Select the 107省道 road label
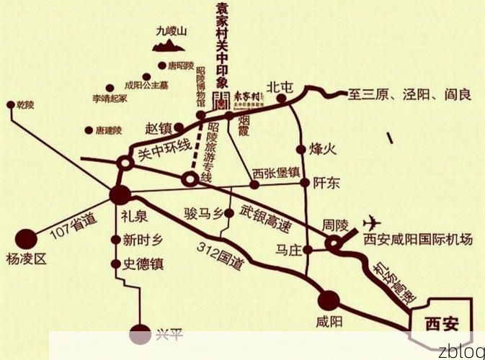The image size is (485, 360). tap(73, 227)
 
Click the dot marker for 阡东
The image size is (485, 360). tap(306, 183)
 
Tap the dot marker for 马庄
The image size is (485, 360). tap(307, 251)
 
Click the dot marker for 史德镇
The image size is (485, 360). tap(115, 264)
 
